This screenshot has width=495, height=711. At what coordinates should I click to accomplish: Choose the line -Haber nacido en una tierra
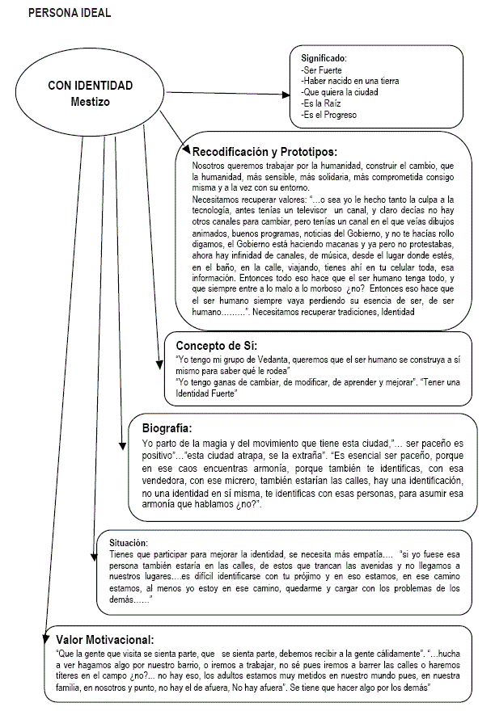[x=349, y=82]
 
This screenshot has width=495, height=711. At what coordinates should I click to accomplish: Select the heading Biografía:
[x=167, y=428]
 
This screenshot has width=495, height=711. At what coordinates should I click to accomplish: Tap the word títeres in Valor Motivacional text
[x=67, y=675]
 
